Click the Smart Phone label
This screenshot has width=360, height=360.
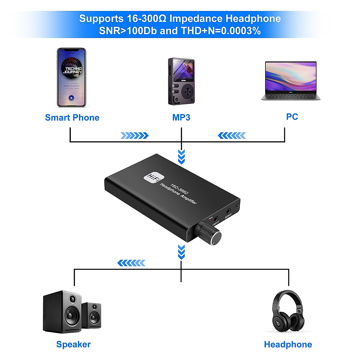point(72,118)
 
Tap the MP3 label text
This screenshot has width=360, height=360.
point(181,118)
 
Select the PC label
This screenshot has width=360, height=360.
point(292,117)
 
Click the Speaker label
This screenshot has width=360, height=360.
point(73,344)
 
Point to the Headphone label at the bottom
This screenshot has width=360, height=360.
point(288,344)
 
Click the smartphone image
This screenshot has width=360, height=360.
point(71,77)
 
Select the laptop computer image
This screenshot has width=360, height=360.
point(291,80)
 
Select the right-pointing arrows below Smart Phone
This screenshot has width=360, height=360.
point(134,136)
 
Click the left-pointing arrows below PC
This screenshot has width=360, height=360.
point(232,136)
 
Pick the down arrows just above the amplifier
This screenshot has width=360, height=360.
point(181,157)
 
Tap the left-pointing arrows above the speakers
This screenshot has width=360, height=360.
point(131,263)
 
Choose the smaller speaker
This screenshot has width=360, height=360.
point(91,315)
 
